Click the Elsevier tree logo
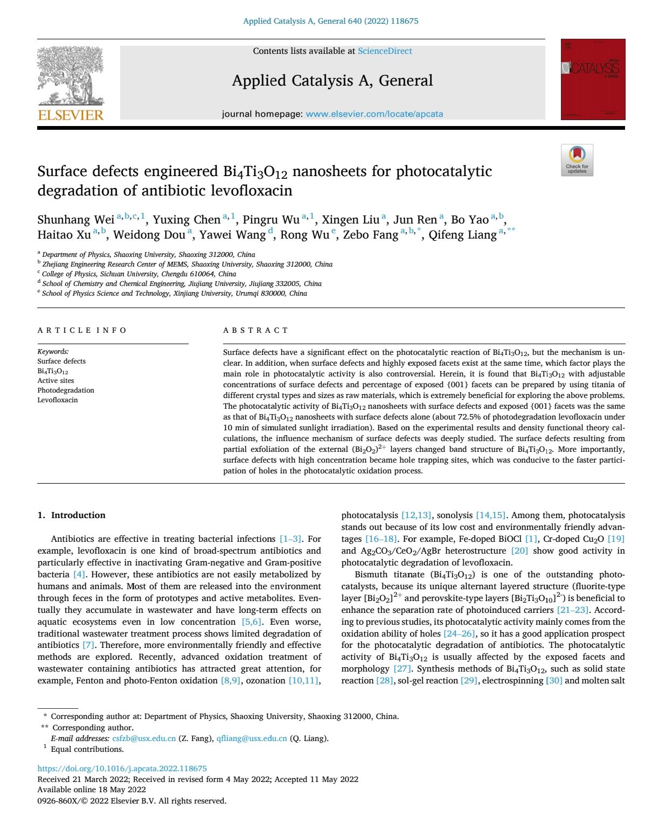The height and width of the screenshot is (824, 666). coord(71,75)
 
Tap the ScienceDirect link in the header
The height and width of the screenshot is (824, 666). coord(385,51)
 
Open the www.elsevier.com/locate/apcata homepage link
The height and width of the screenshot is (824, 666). coord(374,114)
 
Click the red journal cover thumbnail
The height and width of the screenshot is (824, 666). coord(593,79)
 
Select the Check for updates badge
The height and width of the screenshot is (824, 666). coord(577,160)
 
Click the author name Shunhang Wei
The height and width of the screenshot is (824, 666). coord(75,220)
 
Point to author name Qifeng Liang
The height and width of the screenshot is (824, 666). coord(462,235)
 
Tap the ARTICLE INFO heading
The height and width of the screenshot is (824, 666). coord(82,330)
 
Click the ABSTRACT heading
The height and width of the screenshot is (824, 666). coord(256,330)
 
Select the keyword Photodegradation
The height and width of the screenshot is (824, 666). coord(66,390)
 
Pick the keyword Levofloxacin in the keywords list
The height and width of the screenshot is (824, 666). coord(58,400)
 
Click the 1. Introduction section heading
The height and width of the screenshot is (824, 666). coord(71,515)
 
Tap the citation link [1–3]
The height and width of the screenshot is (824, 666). coord(290,539)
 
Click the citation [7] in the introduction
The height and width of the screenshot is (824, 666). coord(88,645)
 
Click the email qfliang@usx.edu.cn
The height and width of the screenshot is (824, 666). coord(251,738)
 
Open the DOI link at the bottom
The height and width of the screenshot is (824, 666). coord(122,769)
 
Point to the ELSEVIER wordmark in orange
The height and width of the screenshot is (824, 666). coord(71,115)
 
